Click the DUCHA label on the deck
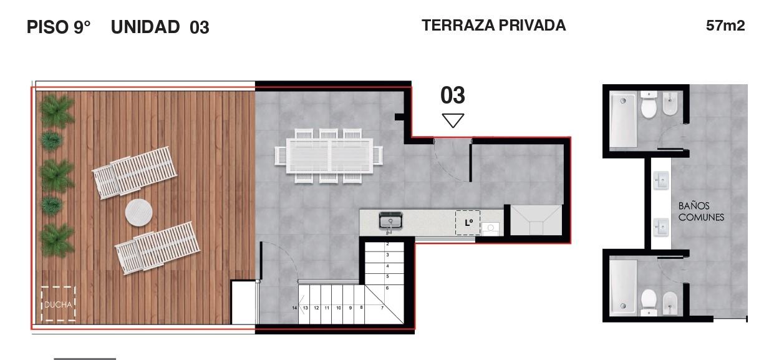[x=58, y=304]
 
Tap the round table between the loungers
[x=139, y=213]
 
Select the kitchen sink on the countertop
[x=390, y=221]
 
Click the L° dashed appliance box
[x=468, y=223]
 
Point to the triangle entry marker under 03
[x=453, y=120]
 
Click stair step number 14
[x=294, y=308]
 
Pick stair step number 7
[x=382, y=308]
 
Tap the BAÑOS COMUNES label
[x=701, y=212]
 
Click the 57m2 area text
[x=725, y=26]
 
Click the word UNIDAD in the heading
[x=145, y=27]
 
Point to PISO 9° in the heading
[x=59, y=27]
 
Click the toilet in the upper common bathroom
[x=649, y=104]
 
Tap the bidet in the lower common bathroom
[x=670, y=303]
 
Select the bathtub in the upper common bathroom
[x=622, y=120]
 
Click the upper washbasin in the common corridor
[x=660, y=180]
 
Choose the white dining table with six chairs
[x=329, y=155]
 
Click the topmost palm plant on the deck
[x=57, y=111]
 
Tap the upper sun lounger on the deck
[x=135, y=173]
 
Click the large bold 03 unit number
[x=453, y=95]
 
